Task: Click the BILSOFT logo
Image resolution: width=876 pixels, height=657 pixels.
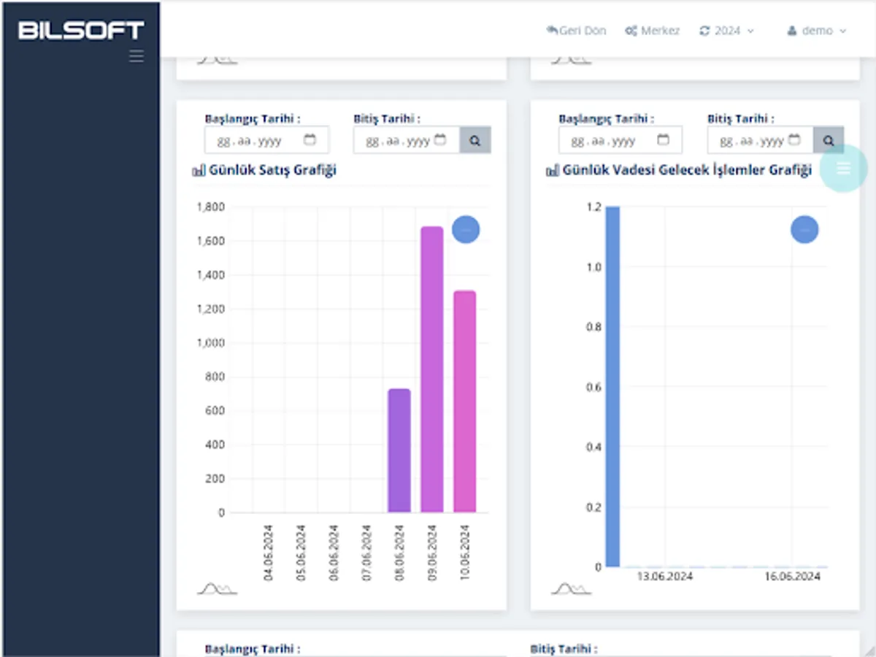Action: (81, 30)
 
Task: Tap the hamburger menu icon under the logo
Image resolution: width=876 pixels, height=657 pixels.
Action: (137, 56)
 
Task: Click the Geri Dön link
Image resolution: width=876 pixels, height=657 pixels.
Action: (576, 31)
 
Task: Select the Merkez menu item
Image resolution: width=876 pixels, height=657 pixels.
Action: (653, 31)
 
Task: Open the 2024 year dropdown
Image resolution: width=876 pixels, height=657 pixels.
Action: (726, 31)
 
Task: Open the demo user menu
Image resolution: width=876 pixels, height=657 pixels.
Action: (817, 31)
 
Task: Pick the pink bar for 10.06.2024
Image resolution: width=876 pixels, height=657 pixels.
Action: (465, 401)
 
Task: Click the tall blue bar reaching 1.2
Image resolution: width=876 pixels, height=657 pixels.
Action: (612, 387)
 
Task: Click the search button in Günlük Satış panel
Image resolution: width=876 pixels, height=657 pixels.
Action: (475, 140)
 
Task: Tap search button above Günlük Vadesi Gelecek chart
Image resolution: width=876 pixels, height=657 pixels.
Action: (829, 140)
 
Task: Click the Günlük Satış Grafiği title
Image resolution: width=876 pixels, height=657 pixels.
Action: (272, 171)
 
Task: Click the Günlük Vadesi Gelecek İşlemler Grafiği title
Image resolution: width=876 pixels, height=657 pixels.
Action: (686, 171)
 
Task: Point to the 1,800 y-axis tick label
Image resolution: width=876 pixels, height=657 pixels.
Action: (211, 207)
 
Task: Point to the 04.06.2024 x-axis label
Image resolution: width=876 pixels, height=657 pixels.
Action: (269, 553)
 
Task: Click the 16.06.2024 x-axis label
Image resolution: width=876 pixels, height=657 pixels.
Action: (792, 577)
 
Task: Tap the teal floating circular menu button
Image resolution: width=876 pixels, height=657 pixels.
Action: (843, 169)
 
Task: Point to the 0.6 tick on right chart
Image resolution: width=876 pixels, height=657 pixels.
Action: (595, 387)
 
